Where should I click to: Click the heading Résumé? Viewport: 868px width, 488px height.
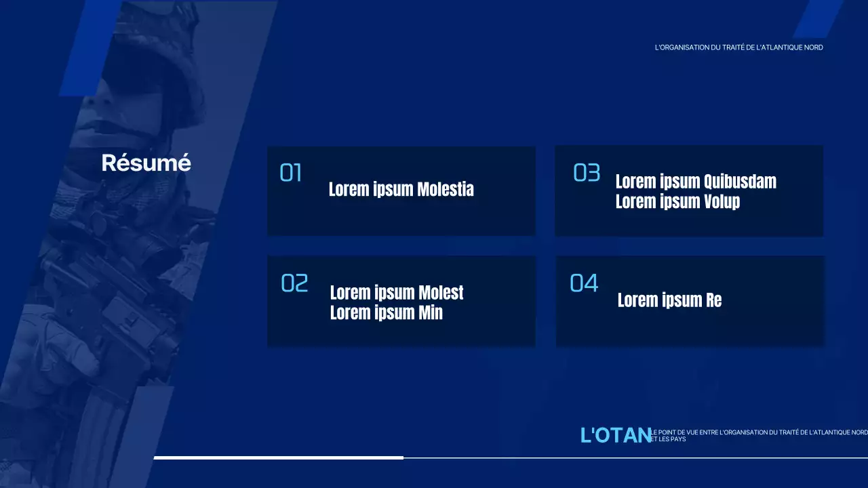coord(146,163)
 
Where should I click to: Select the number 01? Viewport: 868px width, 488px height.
coord(290,174)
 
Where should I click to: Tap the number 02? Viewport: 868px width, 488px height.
coord(294,283)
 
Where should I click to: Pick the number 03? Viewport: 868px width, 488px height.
coord(587,174)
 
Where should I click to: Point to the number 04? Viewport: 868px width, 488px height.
coord(584,283)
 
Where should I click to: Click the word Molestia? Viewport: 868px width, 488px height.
coord(446,189)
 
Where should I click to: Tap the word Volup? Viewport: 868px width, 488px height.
coord(722,202)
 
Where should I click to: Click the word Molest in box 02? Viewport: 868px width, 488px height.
coord(441,293)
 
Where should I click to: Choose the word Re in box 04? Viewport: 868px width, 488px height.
coord(713,300)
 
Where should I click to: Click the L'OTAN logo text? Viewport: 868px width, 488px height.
coord(616,436)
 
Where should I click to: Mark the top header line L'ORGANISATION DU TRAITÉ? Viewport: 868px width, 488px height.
coord(738,47)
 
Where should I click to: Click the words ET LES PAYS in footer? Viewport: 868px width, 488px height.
coord(669,439)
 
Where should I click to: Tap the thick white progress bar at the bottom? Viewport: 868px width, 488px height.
coord(278,457)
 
